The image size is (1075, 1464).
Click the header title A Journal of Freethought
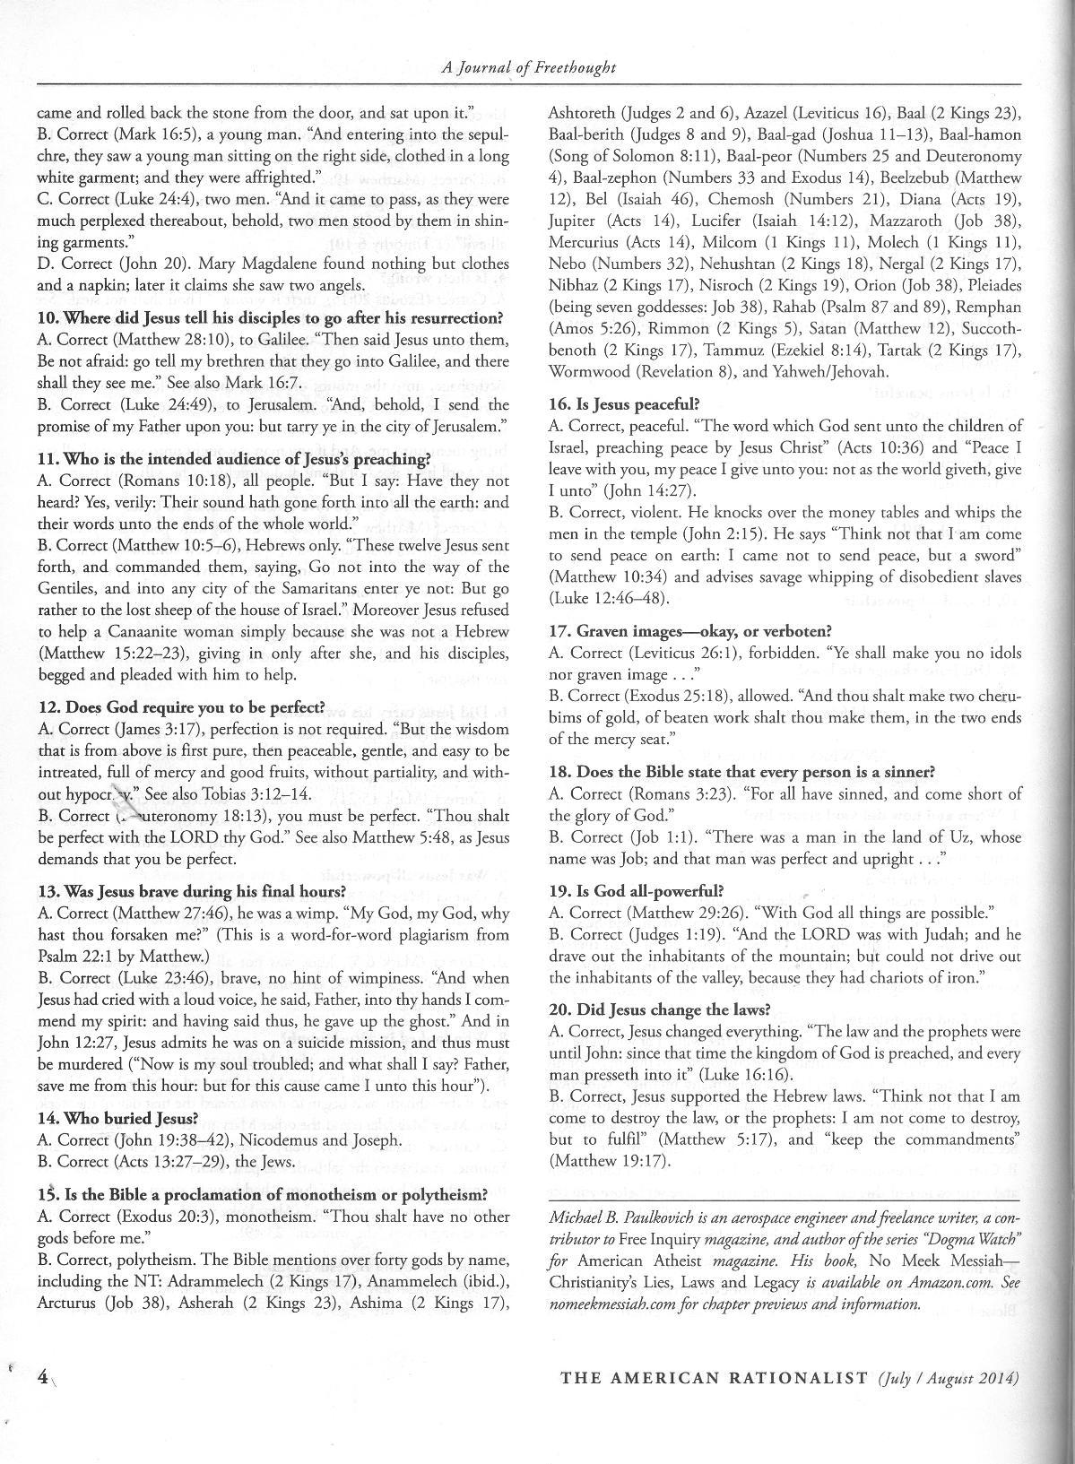point(529,67)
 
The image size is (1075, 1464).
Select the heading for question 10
point(270,318)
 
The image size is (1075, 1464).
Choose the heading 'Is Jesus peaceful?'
point(610,404)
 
